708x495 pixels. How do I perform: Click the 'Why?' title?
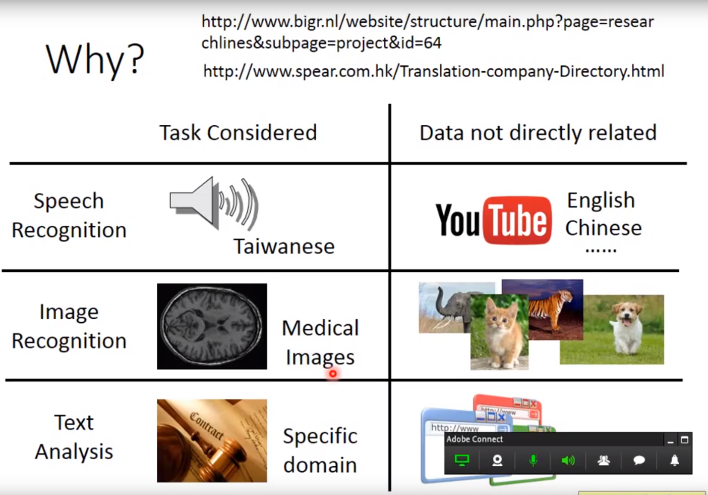point(95,60)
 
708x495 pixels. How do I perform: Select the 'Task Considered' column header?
point(238,132)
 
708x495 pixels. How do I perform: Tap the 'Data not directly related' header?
point(538,133)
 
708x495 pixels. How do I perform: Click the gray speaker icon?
point(214,203)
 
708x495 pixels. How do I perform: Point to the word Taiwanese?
point(284,246)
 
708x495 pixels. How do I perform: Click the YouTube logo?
point(494,220)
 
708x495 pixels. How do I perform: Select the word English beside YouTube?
point(601,201)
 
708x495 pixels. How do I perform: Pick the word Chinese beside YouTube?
point(604,228)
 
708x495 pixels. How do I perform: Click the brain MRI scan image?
point(212,326)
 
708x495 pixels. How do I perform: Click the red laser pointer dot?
point(332,374)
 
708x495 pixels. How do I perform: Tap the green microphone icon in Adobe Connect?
point(533,460)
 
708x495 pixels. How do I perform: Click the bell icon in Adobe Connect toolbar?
point(675,460)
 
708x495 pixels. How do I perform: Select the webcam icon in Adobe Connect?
point(497,460)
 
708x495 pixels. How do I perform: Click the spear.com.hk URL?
point(434,71)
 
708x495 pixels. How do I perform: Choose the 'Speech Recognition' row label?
point(69,215)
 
